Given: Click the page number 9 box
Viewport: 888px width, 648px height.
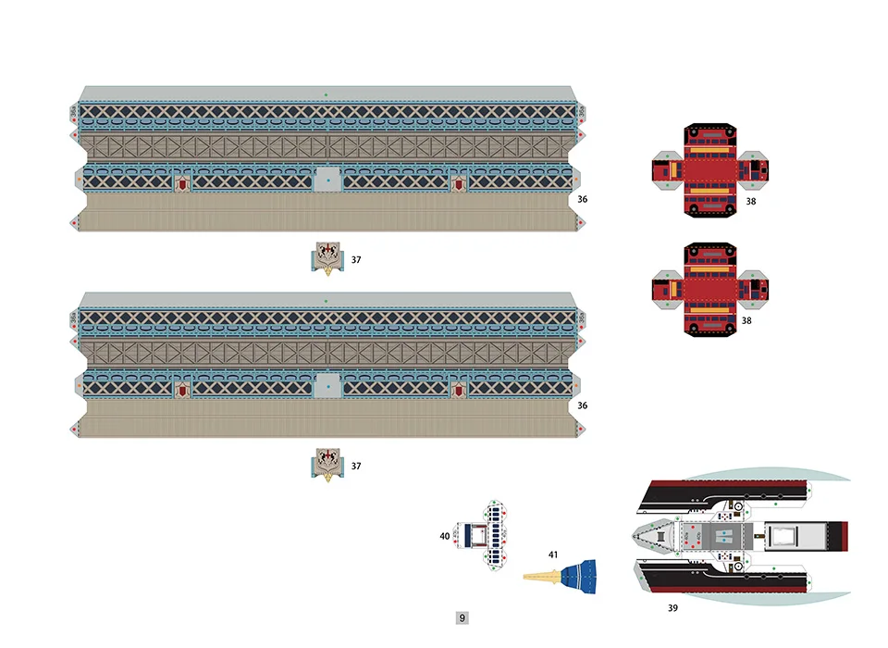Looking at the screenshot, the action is pyautogui.click(x=462, y=617).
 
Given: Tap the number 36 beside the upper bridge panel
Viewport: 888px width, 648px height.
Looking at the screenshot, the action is pyautogui.click(x=582, y=199).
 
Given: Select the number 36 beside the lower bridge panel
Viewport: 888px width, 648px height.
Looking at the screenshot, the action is pyautogui.click(x=582, y=405).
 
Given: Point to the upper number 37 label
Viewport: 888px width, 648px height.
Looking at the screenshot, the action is pyautogui.click(x=355, y=260).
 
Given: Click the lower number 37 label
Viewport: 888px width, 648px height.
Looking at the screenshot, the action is pyautogui.click(x=355, y=466).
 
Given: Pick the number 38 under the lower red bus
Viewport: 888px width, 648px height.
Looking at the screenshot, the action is pyautogui.click(x=747, y=320).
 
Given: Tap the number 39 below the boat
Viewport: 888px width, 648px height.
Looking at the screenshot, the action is pyautogui.click(x=672, y=608).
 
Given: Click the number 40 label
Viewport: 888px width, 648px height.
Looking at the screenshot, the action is pyautogui.click(x=445, y=535).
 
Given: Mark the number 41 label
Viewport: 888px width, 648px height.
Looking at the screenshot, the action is pyautogui.click(x=553, y=555).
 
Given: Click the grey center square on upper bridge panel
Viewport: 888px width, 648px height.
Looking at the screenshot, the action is pyautogui.click(x=327, y=179).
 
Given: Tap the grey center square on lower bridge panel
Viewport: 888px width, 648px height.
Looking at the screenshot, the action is pyautogui.click(x=327, y=386).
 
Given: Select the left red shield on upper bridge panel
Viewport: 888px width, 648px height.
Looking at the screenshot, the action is pyautogui.click(x=183, y=183).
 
